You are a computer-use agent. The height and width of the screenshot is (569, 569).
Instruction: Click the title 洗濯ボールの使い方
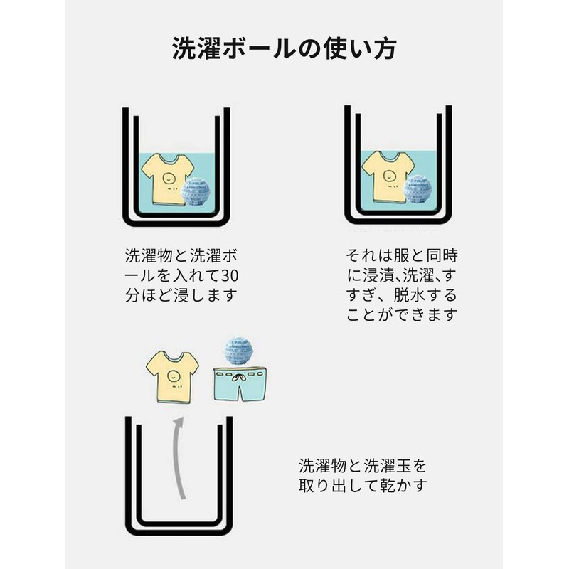tap(284, 49)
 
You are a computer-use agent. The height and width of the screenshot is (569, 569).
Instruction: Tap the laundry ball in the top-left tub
tap(197, 191)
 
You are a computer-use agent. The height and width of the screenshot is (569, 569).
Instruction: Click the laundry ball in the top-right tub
tap(418, 189)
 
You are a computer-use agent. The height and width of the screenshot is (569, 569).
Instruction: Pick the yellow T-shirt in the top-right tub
tap(388, 177)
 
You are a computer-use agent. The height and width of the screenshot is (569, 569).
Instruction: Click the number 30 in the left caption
tap(220, 275)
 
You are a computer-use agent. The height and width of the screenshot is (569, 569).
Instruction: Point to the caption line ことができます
tap(401, 314)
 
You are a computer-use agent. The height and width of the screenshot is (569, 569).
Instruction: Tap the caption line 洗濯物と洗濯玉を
tap(363, 467)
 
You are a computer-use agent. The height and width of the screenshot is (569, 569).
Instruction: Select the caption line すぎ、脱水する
tap(401, 294)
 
